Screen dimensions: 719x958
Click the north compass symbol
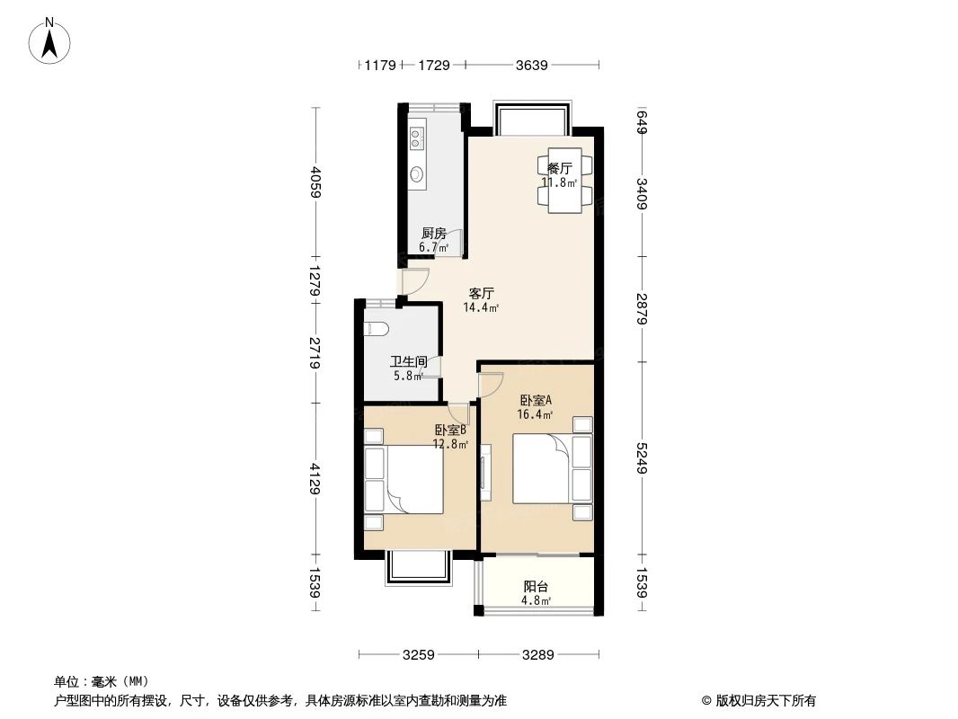(x=51, y=40)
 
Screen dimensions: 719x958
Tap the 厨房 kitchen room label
(x=433, y=234)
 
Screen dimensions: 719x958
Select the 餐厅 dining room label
(x=559, y=168)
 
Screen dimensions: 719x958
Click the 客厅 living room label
(x=482, y=293)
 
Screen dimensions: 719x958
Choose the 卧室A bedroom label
(x=536, y=401)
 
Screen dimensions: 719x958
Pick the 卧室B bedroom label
(x=450, y=431)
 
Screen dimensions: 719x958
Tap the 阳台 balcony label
(x=537, y=587)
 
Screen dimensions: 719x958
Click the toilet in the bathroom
(x=375, y=328)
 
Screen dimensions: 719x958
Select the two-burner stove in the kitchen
(x=417, y=138)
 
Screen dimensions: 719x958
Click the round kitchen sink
(x=417, y=174)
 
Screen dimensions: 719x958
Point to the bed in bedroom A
(x=541, y=469)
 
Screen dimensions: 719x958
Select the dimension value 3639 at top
(x=531, y=65)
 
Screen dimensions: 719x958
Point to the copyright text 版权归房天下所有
(x=758, y=701)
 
